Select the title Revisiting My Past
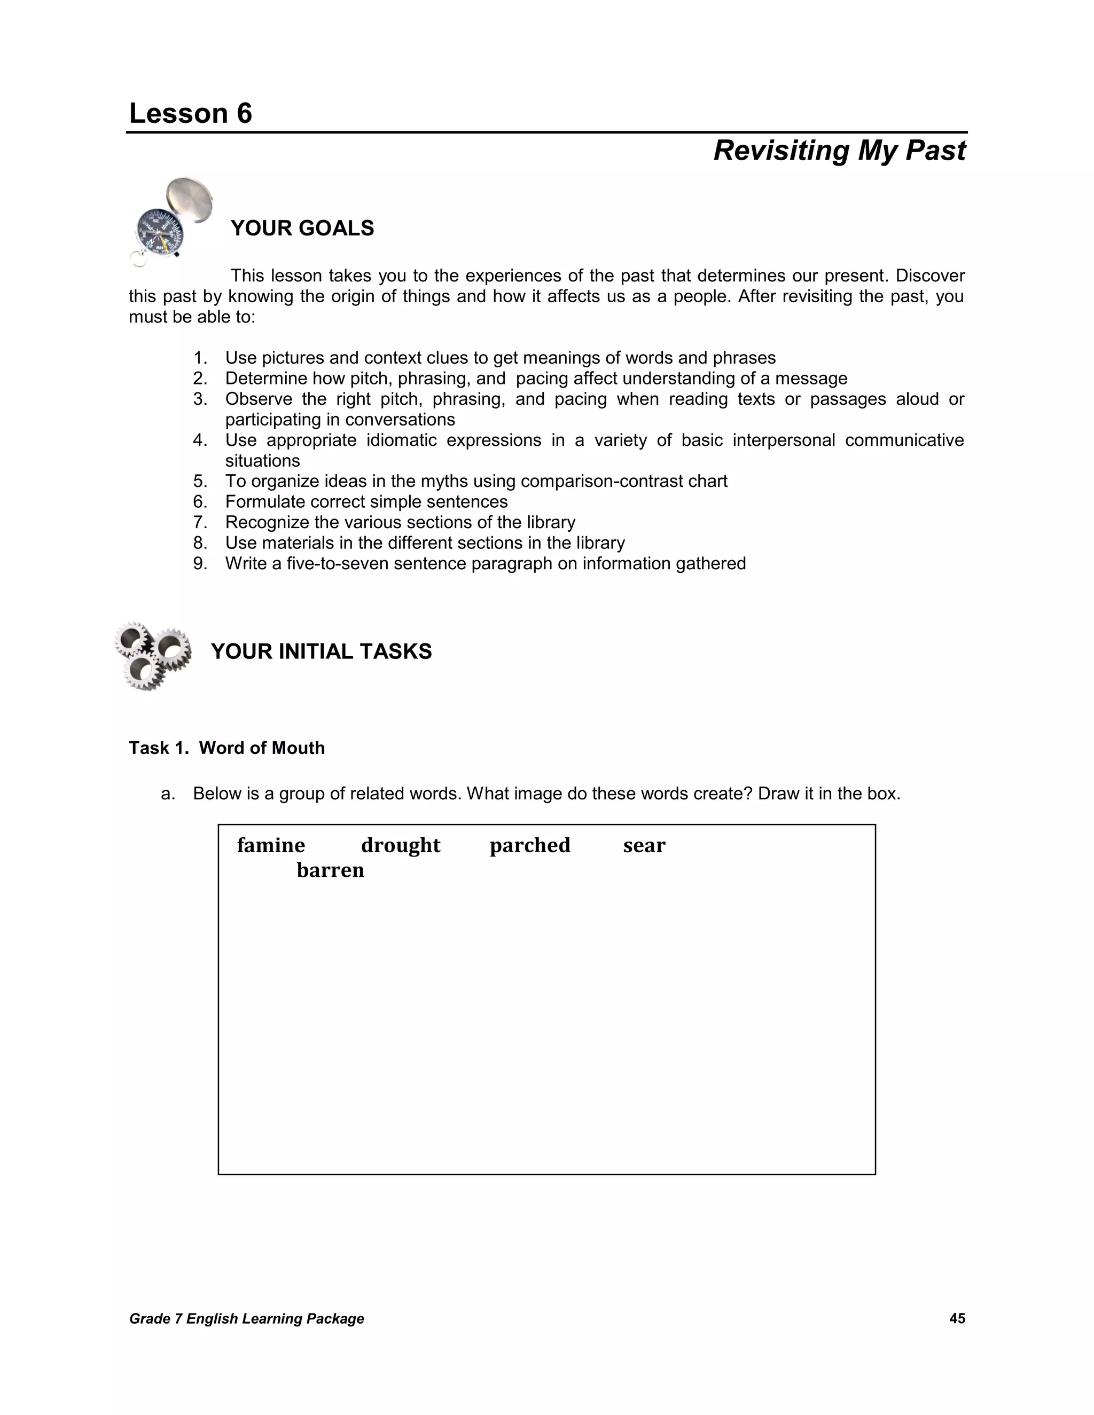pos(839,151)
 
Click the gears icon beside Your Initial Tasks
pos(153,655)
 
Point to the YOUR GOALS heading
pos(302,228)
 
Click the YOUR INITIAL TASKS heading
pos(321,651)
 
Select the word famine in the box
pos(271,845)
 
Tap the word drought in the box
pos(401,845)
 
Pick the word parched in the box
pos(529,845)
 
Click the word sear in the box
pos(644,845)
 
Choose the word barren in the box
pos(330,870)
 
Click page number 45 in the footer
pos(957,1318)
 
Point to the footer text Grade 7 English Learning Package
pos(246,1318)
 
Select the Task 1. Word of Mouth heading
pos(227,748)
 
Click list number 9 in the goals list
pos(200,564)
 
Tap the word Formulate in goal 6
pos(265,502)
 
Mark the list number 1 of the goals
pos(200,358)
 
